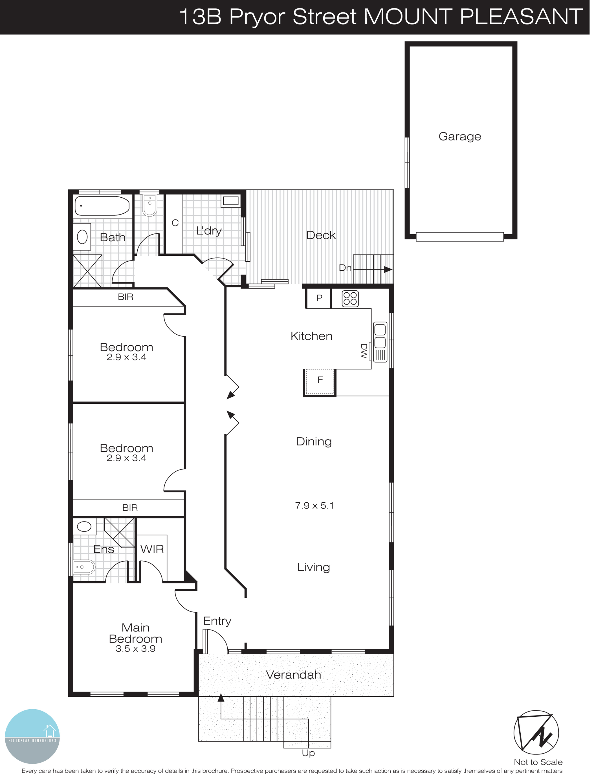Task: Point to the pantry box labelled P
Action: click(x=319, y=298)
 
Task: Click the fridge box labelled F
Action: click(x=320, y=381)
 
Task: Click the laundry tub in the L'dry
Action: click(x=230, y=201)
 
